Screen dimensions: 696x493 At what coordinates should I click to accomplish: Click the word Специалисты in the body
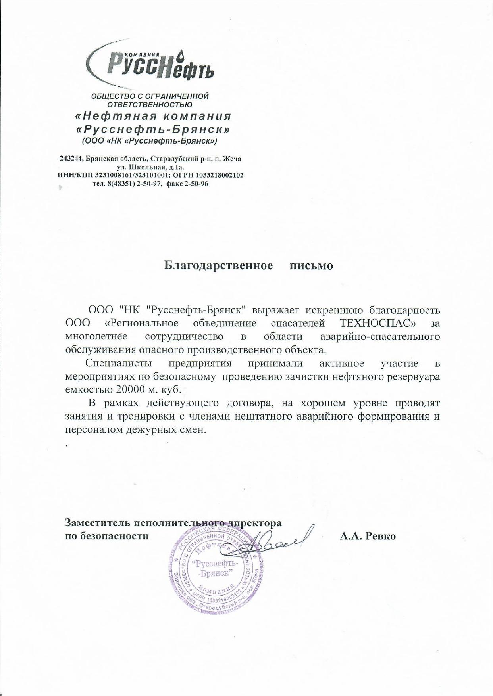tap(118, 363)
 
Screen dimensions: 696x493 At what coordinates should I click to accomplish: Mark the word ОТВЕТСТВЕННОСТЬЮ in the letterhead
tap(150, 105)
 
